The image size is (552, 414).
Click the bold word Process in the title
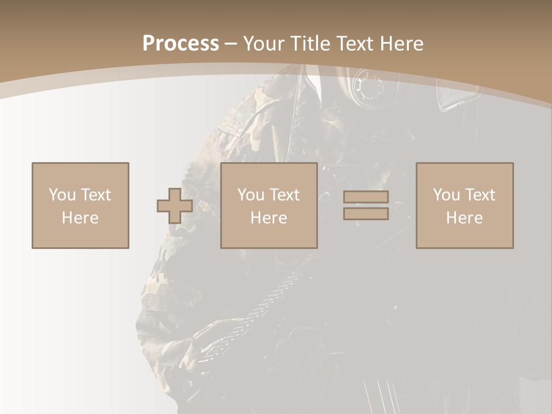pos(181,43)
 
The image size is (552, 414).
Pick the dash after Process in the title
pos(231,44)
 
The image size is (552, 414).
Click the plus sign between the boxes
pos(175,206)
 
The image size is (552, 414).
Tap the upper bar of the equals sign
pos(366,197)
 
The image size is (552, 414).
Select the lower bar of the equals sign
pos(366,214)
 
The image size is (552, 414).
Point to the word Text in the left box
pos(95,195)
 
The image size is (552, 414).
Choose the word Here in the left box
pos(80,218)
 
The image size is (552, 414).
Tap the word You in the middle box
pos(251,195)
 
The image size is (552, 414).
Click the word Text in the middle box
pos(284,195)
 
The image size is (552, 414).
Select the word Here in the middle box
pos(269,218)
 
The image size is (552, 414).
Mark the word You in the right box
pos(447,195)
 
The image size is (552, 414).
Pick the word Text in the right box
pos(480,195)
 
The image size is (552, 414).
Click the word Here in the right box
pos(464,218)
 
